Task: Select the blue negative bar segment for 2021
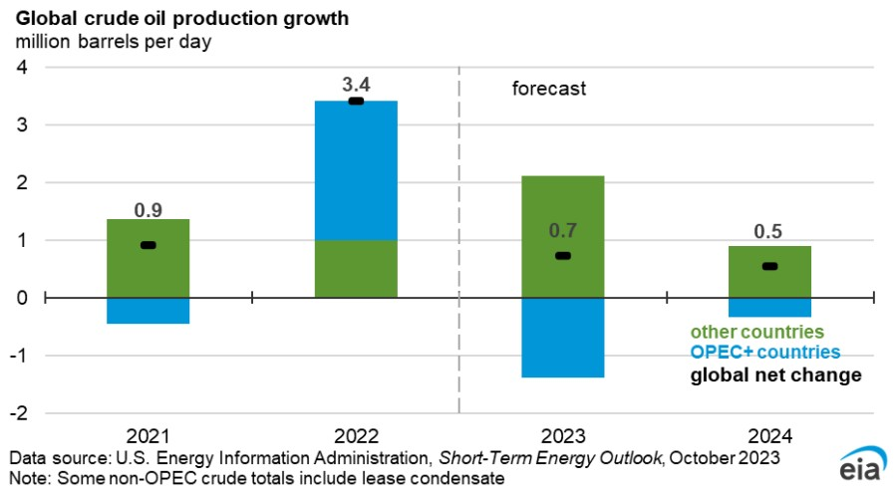point(148,311)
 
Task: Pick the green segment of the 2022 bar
point(356,269)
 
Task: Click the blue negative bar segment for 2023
point(562,338)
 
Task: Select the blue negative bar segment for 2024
point(768,308)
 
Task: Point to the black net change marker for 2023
point(562,256)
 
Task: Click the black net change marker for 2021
point(148,245)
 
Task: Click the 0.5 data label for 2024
point(768,232)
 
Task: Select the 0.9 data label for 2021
point(148,210)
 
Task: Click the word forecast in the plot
point(549,89)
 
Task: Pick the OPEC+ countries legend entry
point(764,353)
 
